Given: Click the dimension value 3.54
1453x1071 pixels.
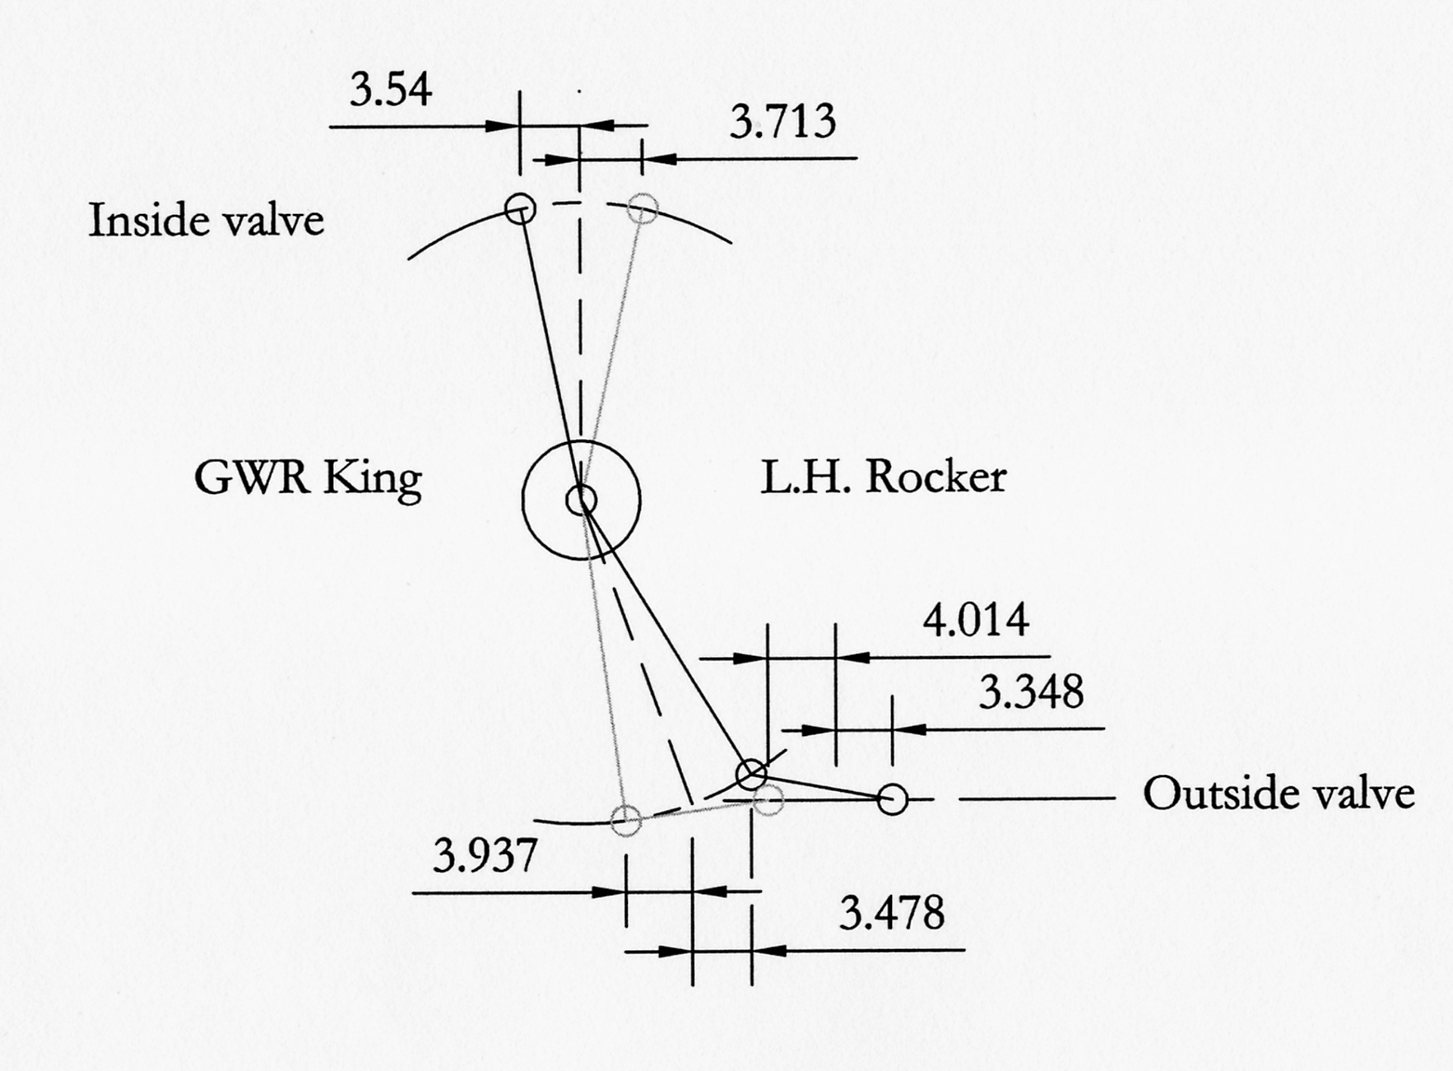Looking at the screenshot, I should tap(391, 91).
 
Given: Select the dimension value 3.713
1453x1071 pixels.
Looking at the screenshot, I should tap(782, 122).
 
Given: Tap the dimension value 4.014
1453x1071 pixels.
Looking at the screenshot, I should tap(976, 620).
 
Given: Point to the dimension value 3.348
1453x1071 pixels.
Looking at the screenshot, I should tap(1032, 692).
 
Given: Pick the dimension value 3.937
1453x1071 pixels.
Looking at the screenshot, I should tap(486, 856).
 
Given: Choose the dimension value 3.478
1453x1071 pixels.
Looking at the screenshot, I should tap(892, 913).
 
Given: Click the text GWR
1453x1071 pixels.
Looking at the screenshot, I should tap(251, 477).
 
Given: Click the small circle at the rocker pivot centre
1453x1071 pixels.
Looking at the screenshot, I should tap(581, 501).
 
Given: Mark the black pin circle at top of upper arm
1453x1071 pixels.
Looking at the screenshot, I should tap(520, 208).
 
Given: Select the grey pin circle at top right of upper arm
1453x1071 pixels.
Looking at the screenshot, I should tap(643, 208).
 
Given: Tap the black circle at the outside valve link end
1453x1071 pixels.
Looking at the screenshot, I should tap(893, 799).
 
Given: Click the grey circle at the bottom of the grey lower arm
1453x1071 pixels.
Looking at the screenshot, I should tap(626, 821).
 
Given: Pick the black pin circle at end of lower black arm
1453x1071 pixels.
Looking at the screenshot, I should tap(752, 772).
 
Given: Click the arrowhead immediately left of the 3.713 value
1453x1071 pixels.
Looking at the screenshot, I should tap(659, 158).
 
